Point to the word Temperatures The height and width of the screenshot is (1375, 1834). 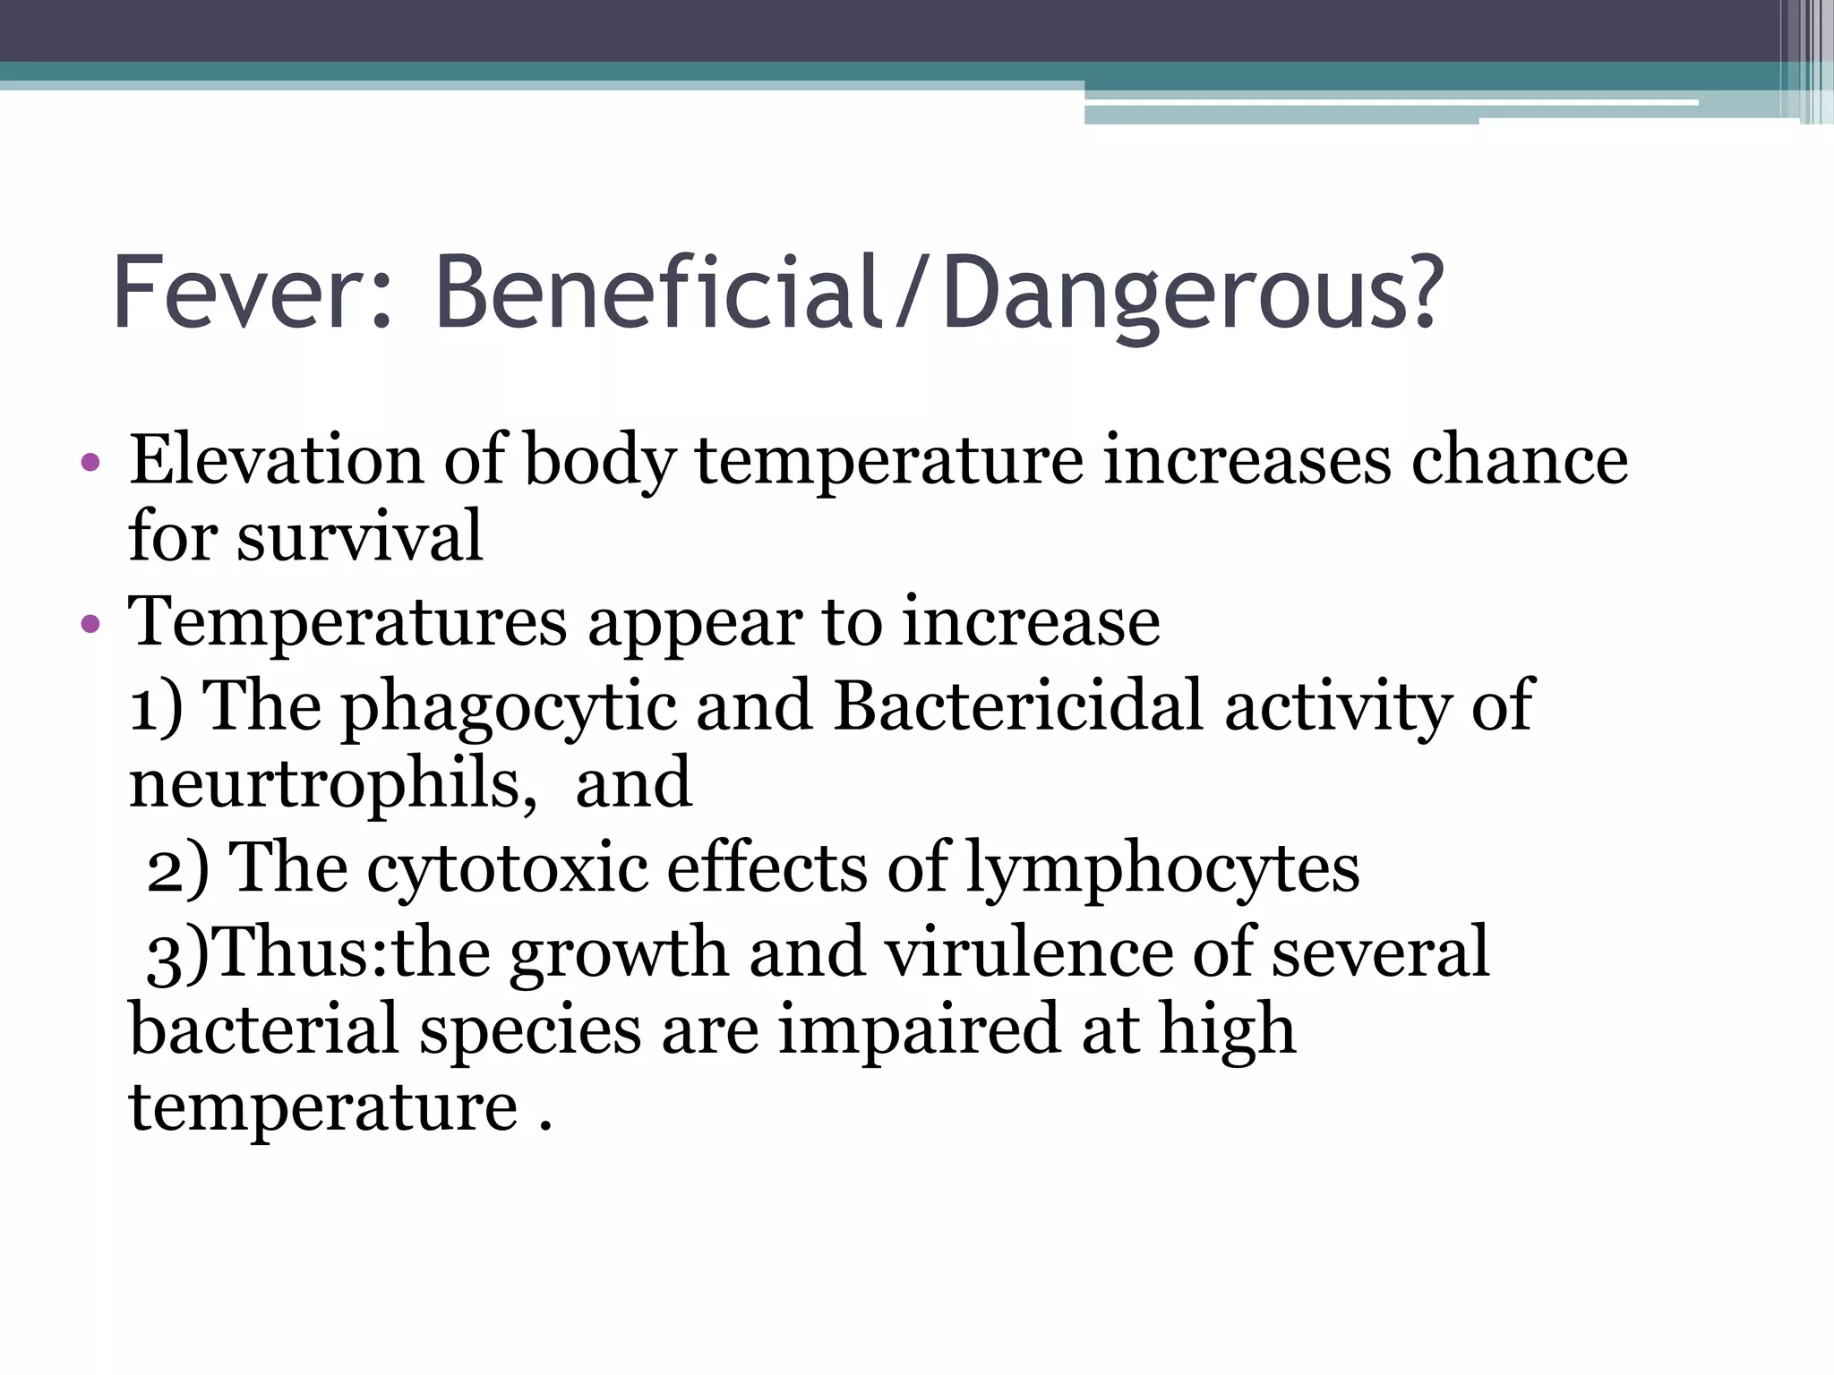point(347,621)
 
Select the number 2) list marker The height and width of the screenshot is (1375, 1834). point(177,868)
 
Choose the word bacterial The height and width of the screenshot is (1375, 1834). point(263,1029)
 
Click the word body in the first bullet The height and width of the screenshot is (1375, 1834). point(599,461)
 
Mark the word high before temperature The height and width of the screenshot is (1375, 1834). point(1228,1029)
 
